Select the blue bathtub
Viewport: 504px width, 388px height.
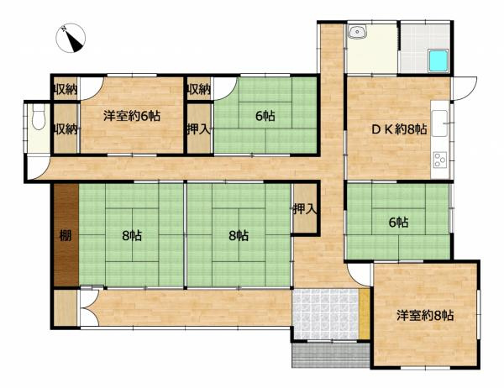438,60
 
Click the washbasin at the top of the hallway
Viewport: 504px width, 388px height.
358,33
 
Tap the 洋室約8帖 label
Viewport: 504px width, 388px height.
425,316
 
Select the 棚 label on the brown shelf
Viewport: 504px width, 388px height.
65,235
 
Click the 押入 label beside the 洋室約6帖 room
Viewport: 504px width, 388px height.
197,129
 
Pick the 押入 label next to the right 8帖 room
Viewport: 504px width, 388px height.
304,208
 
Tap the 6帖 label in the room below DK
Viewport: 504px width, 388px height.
397,223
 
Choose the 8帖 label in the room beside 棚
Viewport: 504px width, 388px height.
132,235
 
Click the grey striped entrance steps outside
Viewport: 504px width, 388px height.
329,357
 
